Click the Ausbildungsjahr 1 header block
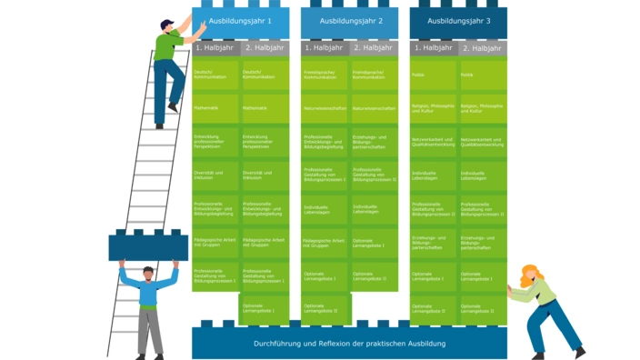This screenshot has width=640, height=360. (240, 20)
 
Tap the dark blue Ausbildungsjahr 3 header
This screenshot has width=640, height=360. (458, 20)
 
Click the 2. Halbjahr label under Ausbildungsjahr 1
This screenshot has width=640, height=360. (265, 47)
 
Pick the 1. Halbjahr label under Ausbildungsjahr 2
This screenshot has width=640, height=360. (324, 47)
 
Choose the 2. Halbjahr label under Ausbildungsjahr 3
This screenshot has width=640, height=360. (483, 47)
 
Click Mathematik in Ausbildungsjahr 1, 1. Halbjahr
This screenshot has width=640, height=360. (215, 107)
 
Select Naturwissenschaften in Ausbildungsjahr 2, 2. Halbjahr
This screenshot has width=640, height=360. (375, 107)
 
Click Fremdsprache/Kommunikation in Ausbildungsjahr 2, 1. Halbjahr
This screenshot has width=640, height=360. (325, 75)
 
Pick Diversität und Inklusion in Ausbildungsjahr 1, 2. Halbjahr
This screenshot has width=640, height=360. (265, 175)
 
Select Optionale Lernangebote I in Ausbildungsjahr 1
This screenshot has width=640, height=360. (265, 308)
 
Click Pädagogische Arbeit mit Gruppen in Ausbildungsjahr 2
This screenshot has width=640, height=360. (325, 242)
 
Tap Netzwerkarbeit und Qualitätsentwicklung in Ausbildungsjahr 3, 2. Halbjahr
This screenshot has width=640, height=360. (483, 141)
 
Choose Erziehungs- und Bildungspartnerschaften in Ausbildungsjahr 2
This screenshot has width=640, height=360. (375, 141)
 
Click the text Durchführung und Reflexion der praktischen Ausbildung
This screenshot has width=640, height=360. (349, 343)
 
